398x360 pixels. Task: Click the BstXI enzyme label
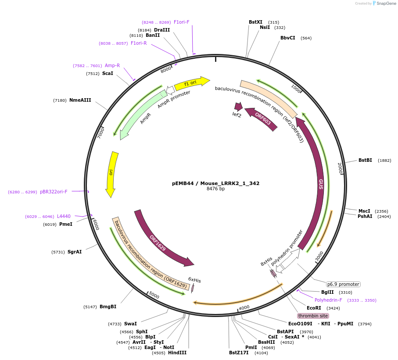[x=255, y=22]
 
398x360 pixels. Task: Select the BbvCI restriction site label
[x=288, y=38]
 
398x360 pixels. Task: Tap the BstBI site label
[x=365, y=160]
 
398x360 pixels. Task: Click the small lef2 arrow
[x=238, y=107]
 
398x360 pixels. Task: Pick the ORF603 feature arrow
[x=262, y=119]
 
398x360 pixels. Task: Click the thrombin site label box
[x=313, y=316]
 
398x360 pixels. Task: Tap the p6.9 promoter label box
[x=343, y=284]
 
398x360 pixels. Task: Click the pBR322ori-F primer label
[x=54, y=192]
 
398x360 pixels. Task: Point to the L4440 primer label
[x=64, y=216]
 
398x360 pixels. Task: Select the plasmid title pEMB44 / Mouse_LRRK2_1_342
[x=215, y=183]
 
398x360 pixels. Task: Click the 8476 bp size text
[x=215, y=189]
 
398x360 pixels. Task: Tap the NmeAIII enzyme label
[x=80, y=100]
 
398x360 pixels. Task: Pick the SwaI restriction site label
[x=130, y=324]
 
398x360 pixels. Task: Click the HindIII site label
[x=177, y=353]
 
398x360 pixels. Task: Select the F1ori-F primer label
[x=182, y=22]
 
